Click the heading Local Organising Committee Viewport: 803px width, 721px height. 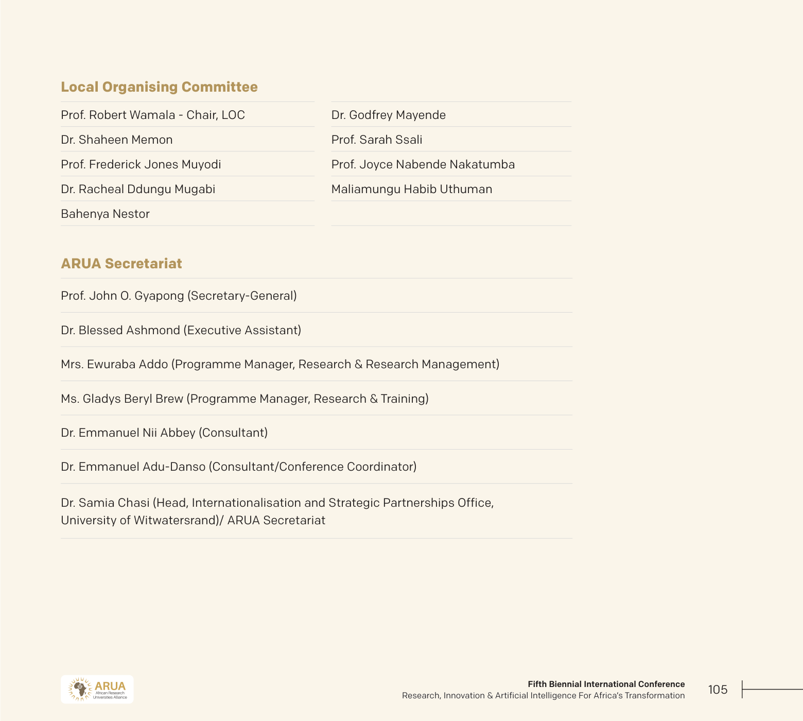click(x=159, y=87)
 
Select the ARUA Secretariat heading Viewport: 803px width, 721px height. click(x=121, y=264)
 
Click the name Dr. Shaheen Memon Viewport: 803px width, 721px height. click(x=117, y=140)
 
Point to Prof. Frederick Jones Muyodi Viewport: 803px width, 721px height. click(x=141, y=164)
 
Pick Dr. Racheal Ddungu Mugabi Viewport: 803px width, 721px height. click(x=138, y=189)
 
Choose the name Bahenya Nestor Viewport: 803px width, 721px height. click(x=105, y=214)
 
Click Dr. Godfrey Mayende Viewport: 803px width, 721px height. click(x=389, y=115)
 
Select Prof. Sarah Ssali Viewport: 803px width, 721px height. click(x=377, y=140)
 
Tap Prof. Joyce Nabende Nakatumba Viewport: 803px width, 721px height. click(x=423, y=164)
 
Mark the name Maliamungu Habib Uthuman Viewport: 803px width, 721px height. click(x=412, y=189)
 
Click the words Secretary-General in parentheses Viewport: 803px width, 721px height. click(x=242, y=296)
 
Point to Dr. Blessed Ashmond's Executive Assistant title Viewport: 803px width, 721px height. click(x=242, y=330)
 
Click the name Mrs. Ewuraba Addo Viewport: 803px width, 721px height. click(x=114, y=364)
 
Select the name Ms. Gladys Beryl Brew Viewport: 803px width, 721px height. click(x=122, y=399)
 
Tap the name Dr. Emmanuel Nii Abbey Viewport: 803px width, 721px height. click(x=128, y=433)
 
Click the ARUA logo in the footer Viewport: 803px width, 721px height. click(x=97, y=689)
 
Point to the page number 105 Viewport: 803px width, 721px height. click(x=718, y=690)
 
